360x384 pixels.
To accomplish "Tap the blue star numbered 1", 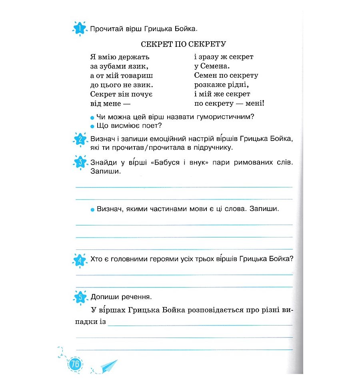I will (80, 29).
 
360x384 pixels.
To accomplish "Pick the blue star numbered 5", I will (80, 298).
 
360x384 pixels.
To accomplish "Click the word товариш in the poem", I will (138, 75).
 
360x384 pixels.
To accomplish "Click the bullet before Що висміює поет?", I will (92, 127).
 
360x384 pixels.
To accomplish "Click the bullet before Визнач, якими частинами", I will (92, 210).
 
